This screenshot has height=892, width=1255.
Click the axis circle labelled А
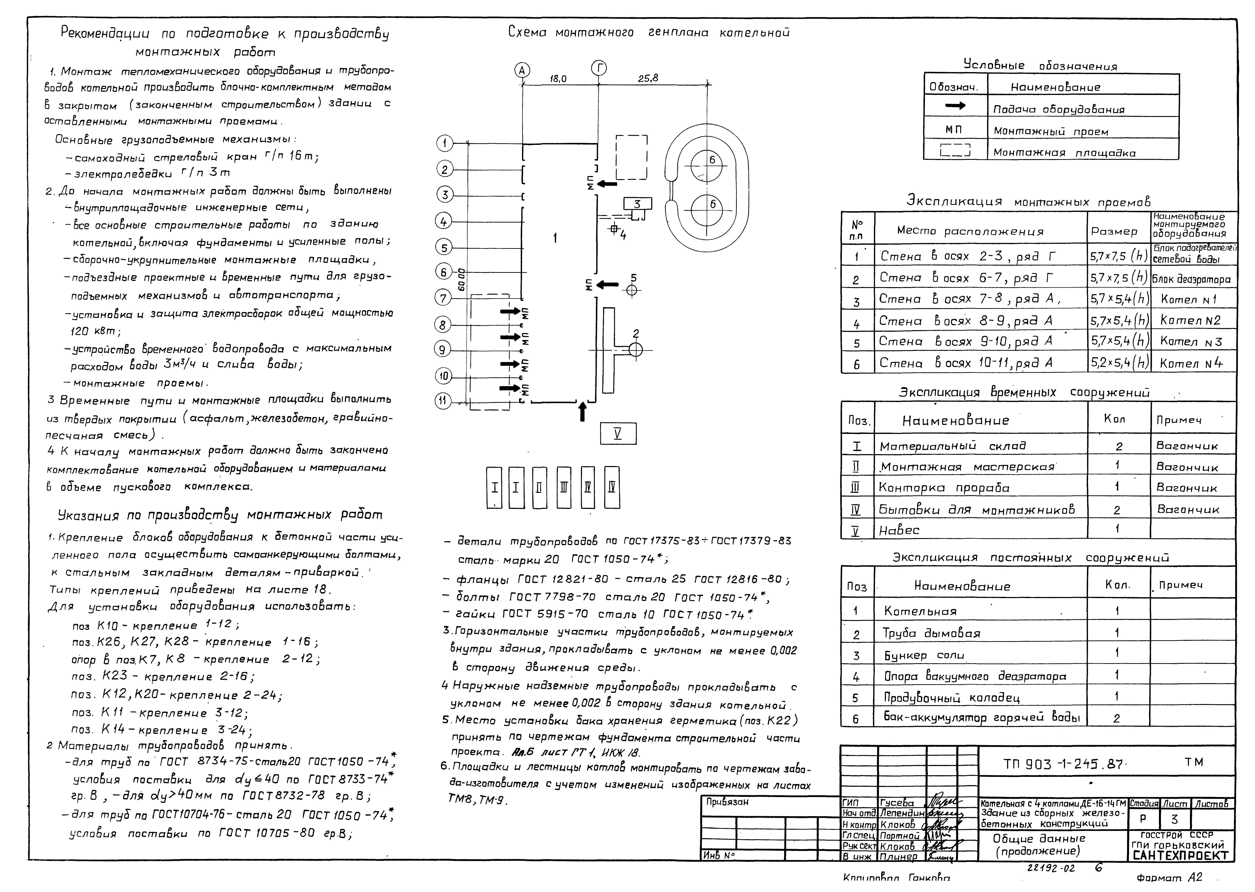tap(522, 70)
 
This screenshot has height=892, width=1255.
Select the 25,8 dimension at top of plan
tap(648, 79)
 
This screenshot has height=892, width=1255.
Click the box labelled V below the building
tap(618, 433)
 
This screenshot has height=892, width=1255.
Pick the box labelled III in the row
tap(563, 487)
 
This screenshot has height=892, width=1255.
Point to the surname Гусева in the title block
tap(897, 803)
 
